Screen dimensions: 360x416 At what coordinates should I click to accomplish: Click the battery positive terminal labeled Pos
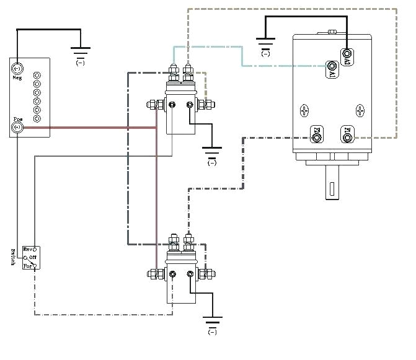[17, 128]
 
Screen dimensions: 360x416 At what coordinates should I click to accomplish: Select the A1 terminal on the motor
[332, 66]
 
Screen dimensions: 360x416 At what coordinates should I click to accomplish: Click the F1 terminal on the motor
[347, 132]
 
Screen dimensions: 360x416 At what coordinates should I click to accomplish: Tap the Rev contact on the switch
[35, 248]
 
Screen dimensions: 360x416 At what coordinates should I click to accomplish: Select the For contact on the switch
[35, 265]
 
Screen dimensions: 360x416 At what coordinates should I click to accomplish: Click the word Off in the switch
[32, 257]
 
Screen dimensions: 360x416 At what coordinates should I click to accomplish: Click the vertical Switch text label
[13, 258]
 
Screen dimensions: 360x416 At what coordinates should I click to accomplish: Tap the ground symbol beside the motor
[265, 45]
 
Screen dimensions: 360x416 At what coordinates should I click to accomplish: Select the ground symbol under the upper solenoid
[212, 153]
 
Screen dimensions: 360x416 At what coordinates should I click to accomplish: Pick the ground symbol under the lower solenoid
[212, 322]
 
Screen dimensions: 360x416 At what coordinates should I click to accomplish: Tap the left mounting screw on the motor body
[304, 111]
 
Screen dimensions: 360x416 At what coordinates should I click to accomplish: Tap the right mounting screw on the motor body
[360, 111]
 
